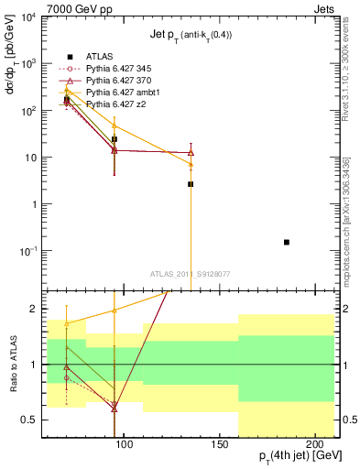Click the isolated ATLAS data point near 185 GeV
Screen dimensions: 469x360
point(287,242)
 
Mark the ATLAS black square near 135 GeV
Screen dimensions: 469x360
point(191,184)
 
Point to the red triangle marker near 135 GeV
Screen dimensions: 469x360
point(191,152)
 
